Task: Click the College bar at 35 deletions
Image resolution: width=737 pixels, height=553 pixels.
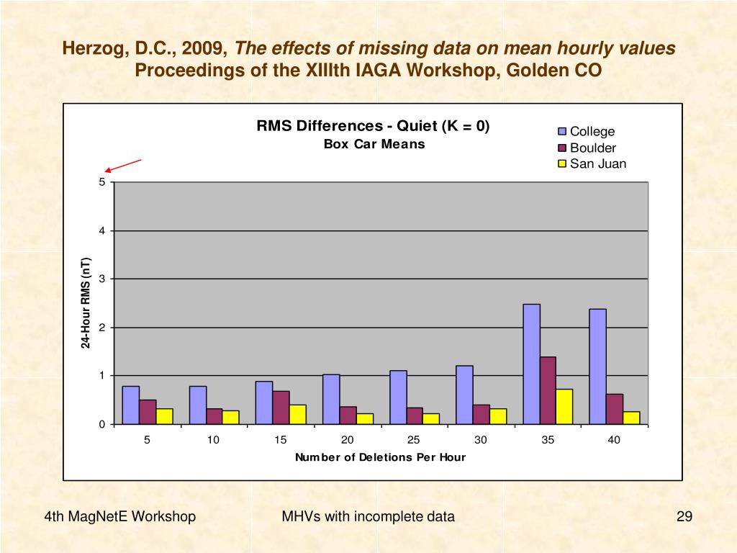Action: (x=531, y=364)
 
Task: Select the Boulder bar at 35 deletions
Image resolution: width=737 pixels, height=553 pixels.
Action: (x=548, y=390)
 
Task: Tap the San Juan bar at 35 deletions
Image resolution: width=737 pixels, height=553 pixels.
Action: (x=564, y=406)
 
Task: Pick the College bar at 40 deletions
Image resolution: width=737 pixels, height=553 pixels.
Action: (x=597, y=366)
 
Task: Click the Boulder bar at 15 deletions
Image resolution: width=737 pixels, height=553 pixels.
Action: (x=281, y=408)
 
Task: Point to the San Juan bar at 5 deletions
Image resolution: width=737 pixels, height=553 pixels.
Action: (x=164, y=416)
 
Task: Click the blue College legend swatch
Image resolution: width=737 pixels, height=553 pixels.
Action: (x=563, y=132)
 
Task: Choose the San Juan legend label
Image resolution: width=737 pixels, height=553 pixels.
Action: (x=598, y=163)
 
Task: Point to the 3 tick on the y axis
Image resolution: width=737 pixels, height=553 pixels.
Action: (x=101, y=279)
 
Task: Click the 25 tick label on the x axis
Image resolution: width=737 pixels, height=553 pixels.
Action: (x=414, y=440)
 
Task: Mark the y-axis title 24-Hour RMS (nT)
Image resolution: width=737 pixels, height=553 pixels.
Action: (x=86, y=302)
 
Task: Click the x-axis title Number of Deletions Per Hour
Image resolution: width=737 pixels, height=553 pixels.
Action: (x=380, y=457)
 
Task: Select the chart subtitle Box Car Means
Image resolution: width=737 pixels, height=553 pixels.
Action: (x=374, y=144)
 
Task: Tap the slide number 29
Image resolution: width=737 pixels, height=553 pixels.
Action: (x=684, y=516)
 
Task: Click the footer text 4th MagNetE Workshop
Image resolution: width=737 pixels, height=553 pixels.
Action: (x=119, y=516)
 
